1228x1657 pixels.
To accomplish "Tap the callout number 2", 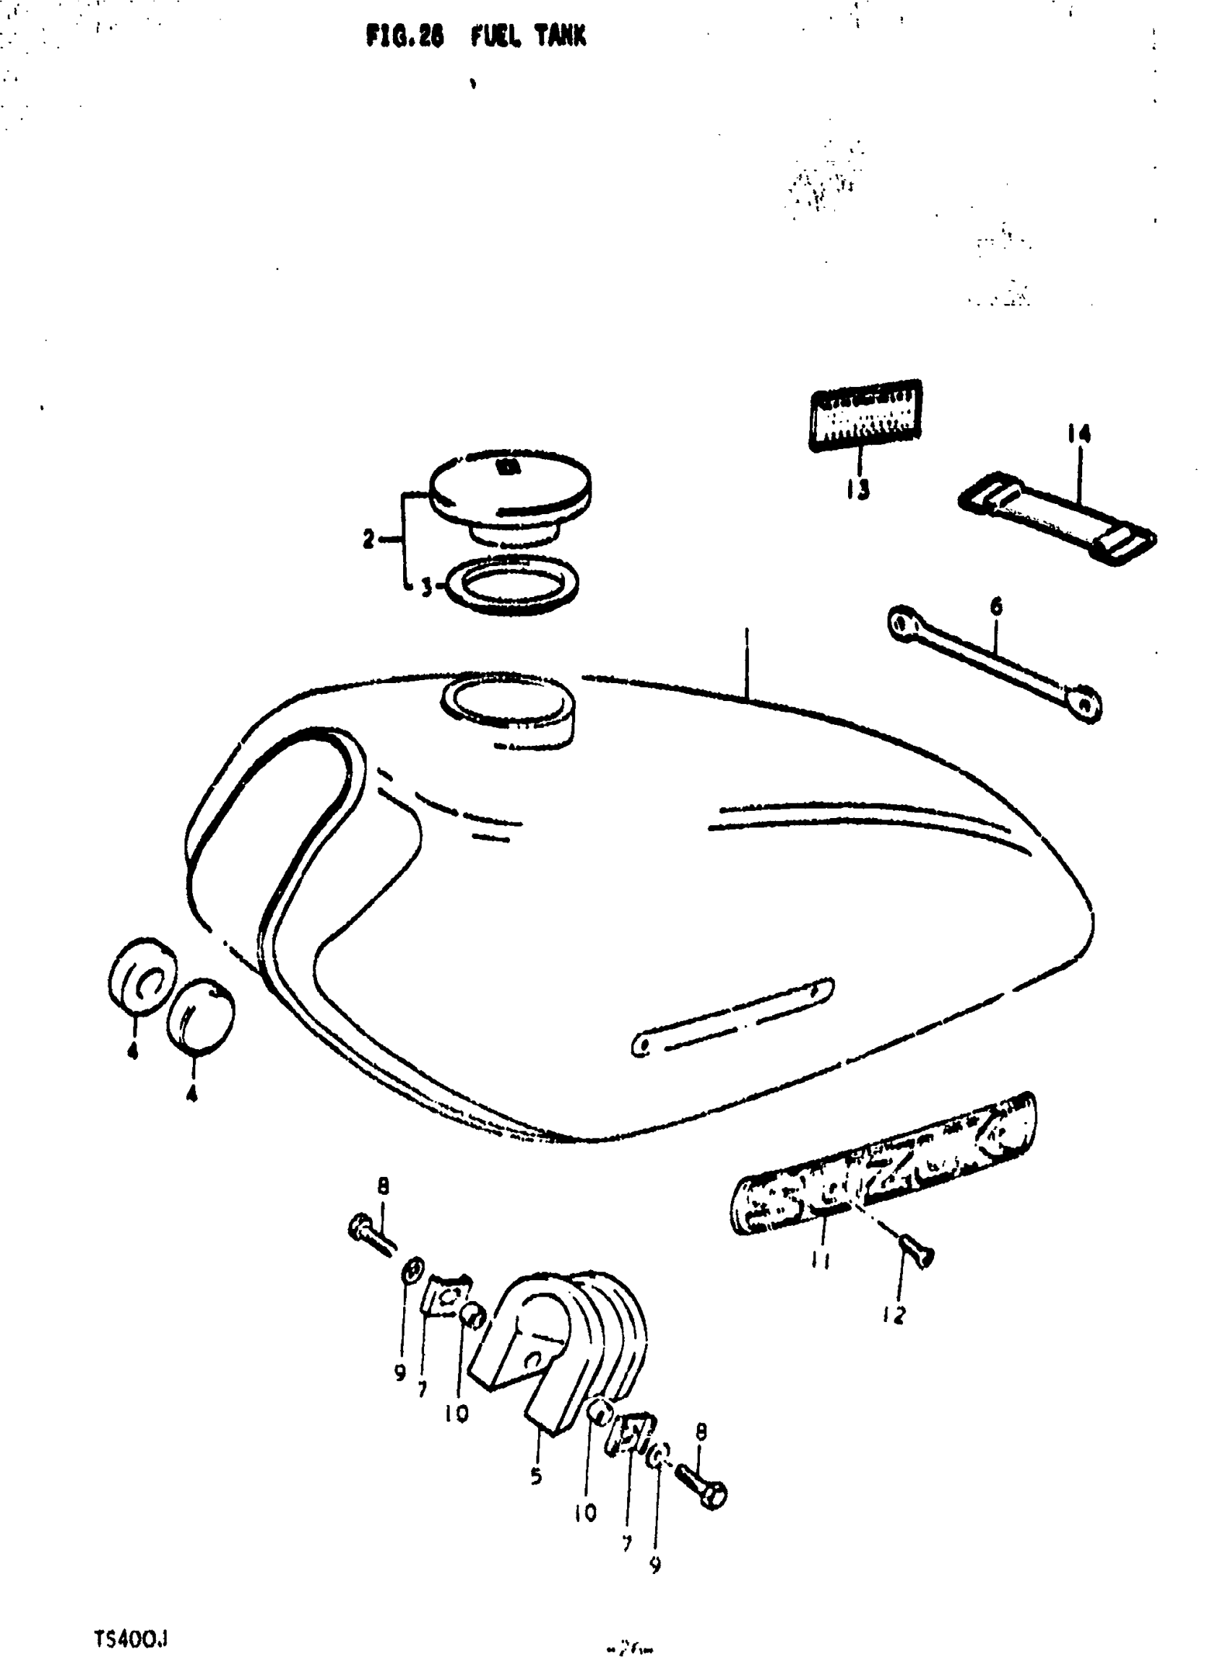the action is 368,539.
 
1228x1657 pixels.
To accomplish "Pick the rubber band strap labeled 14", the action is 1056,518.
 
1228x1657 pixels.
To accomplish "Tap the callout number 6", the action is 996,606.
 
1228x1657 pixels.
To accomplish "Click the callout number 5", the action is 536,1476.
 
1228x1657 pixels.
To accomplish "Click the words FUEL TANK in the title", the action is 528,35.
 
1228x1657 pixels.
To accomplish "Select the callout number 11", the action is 821,1260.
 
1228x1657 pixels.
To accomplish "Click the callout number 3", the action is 427,588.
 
